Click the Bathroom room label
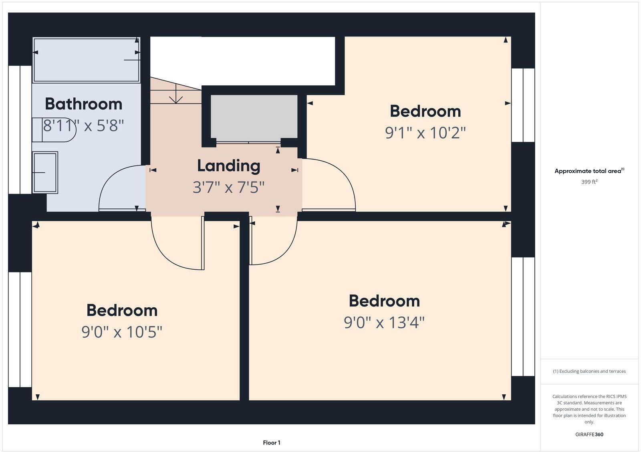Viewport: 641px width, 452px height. coord(83,104)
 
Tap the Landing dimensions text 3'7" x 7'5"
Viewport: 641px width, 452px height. coord(228,187)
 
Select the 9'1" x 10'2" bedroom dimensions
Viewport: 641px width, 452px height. coord(425,133)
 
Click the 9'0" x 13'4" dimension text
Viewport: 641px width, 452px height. coord(384,322)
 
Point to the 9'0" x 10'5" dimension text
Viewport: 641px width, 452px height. coord(122,332)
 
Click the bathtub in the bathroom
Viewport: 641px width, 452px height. coord(86,60)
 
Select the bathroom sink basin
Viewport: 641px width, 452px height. coord(45,172)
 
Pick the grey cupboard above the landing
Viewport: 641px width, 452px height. coord(254,117)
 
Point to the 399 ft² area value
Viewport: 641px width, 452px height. coord(589,182)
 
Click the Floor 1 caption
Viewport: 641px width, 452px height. coord(271,443)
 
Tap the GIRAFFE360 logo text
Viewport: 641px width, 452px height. coord(589,434)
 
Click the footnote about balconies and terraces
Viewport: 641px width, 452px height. coord(589,371)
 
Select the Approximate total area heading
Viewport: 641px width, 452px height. coord(588,171)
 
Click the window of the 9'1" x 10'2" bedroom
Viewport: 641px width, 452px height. coord(523,105)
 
